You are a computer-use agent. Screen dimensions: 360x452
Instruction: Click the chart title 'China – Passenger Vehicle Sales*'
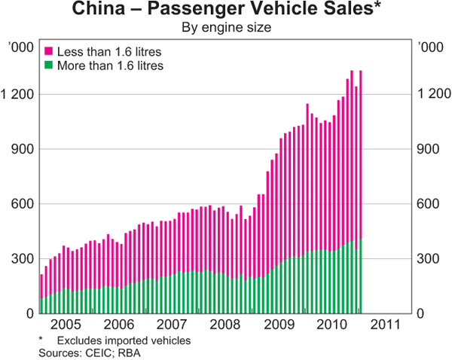pos(226,11)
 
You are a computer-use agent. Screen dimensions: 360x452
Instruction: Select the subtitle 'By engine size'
pos(226,28)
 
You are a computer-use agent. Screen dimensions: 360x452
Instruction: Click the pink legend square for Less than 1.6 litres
pos(49,52)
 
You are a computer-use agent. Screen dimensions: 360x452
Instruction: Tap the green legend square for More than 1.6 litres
pos(49,66)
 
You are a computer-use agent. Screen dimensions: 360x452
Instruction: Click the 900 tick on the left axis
pos(22,149)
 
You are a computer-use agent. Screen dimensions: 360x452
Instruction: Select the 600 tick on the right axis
pos(429,204)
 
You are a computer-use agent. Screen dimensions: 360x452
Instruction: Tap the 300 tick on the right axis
pos(429,259)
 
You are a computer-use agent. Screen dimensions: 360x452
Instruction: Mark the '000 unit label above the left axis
pos(20,48)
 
